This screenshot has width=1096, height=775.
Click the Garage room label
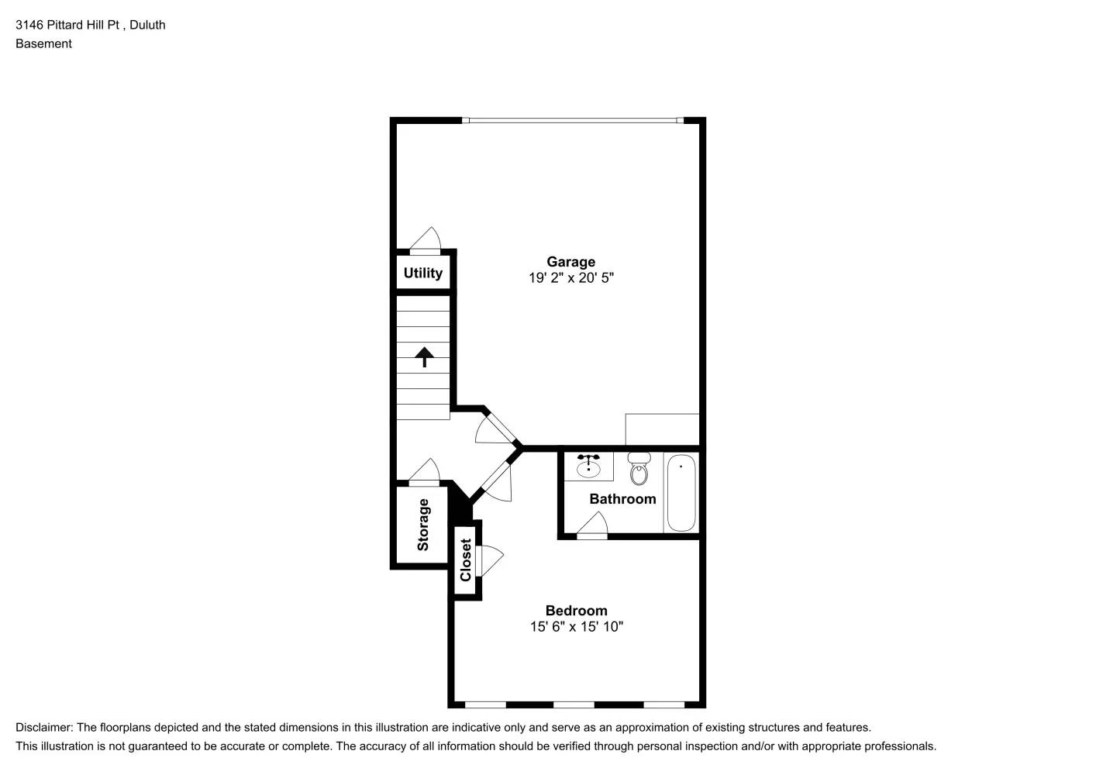click(570, 262)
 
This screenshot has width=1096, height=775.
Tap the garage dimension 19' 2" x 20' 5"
click(570, 278)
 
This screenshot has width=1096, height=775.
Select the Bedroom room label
click(576, 611)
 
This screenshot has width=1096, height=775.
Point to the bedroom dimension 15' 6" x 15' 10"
click(576, 627)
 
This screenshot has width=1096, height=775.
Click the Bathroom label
click(622, 499)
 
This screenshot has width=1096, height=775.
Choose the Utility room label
click(422, 273)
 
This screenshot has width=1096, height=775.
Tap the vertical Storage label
click(423, 525)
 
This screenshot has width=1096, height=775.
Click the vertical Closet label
click(466, 560)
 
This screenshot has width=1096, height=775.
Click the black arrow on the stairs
click(424, 356)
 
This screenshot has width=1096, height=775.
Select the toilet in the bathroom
click(639, 470)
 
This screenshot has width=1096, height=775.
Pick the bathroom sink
click(588, 467)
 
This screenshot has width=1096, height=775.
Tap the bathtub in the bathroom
click(681, 493)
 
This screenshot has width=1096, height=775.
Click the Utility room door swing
click(425, 240)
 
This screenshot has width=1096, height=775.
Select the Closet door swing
click(490, 560)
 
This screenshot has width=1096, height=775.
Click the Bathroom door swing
click(592, 525)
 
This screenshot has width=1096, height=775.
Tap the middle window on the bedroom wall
click(574, 704)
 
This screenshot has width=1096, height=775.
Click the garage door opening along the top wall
click(573, 120)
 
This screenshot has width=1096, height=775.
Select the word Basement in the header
click(43, 43)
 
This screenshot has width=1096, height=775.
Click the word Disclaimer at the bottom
click(44, 728)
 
